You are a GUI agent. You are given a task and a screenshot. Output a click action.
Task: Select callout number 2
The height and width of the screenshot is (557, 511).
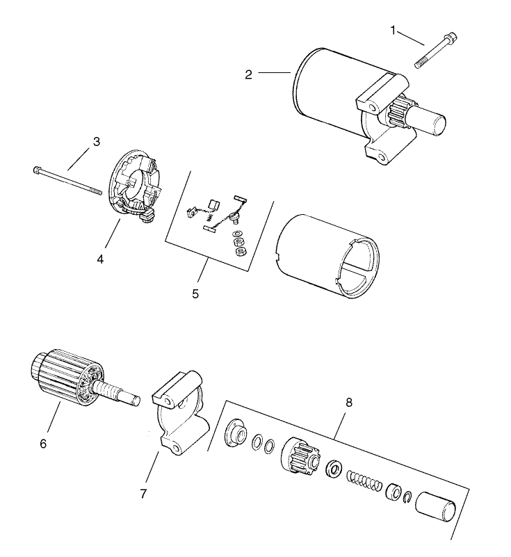(x=248, y=74)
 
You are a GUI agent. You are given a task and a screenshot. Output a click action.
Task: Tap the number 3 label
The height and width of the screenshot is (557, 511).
(x=97, y=141)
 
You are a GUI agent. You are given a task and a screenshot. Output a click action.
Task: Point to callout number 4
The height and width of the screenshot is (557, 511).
(x=100, y=259)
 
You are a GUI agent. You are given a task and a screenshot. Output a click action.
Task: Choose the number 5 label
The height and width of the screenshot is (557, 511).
(x=195, y=293)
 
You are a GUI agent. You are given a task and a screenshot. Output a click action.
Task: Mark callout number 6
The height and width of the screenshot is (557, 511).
(x=44, y=442)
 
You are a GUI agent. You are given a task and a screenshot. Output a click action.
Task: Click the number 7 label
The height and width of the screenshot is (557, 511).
(x=144, y=494)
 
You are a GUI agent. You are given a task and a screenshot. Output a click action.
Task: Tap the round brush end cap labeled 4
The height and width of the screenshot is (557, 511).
(x=136, y=184)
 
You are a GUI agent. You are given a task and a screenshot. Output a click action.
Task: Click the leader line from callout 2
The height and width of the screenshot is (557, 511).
(x=274, y=72)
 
